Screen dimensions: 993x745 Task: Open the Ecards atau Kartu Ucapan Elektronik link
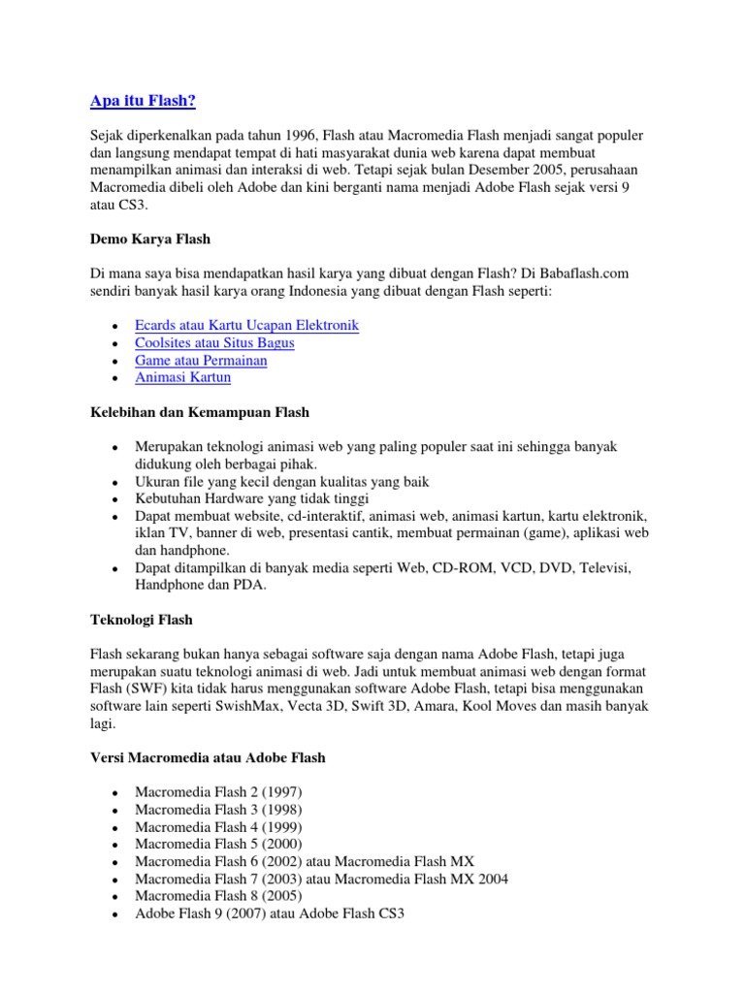click(247, 325)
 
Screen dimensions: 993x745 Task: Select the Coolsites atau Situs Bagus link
click(214, 342)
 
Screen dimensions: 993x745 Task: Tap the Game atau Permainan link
click(201, 360)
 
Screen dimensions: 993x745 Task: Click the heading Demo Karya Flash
click(150, 239)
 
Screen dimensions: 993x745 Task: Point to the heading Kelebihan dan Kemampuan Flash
click(200, 412)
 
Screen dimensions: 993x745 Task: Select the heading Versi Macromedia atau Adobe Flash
click(208, 757)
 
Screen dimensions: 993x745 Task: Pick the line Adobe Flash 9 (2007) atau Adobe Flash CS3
click(269, 913)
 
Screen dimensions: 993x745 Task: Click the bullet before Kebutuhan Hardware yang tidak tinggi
click(114, 499)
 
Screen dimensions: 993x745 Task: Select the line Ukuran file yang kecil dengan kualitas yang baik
click(282, 481)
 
